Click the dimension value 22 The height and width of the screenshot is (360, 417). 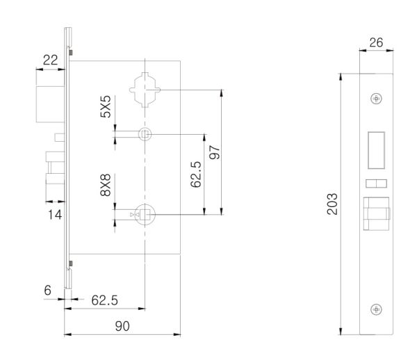click(x=50, y=60)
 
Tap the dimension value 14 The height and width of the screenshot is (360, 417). click(x=54, y=215)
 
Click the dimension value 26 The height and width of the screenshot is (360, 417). click(x=375, y=43)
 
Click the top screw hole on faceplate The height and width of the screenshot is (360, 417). click(x=376, y=98)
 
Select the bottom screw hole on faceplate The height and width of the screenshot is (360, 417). click(x=376, y=309)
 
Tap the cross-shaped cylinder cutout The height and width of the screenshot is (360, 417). click(x=145, y=90)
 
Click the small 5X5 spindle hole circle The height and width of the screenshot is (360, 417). click(x=145, y=134)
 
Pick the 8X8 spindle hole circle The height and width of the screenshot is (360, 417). click(x=145, y=215)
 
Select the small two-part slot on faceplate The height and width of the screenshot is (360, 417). click(x=375, y=183)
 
